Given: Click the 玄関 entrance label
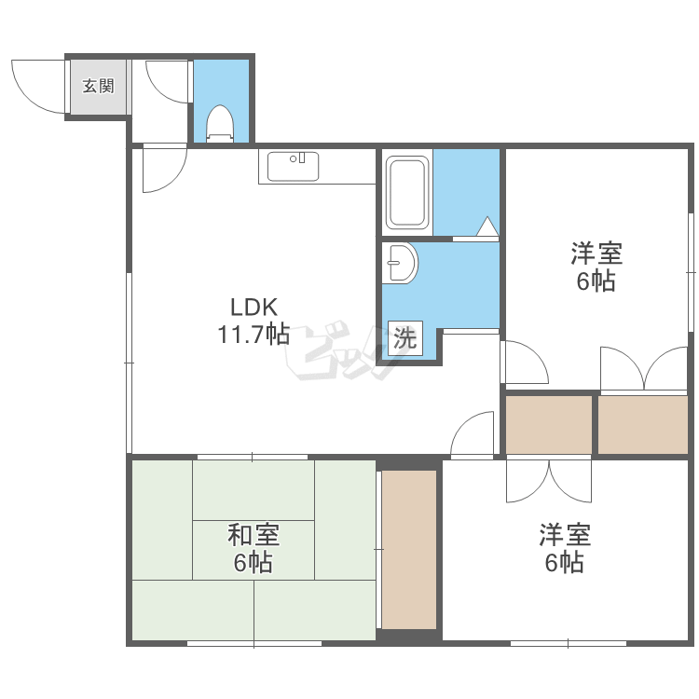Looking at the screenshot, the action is (99, 86).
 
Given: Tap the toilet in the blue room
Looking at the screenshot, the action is (220, 123).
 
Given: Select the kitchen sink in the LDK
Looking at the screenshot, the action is (293, 166).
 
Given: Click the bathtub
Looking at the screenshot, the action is (407, 192).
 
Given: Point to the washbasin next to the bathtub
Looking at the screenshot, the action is (400, 263).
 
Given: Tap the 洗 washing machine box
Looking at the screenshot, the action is (404, 338).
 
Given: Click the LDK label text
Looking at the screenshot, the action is (254, 308).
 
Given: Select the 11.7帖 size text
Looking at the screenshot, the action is (254, 334).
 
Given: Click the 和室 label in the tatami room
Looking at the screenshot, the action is (254, 535).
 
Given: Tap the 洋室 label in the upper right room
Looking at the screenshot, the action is (596, 253).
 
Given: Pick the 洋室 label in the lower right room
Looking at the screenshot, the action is (565, 535).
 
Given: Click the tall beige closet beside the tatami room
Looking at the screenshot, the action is (409, 550).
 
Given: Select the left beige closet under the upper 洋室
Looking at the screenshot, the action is (549, 425).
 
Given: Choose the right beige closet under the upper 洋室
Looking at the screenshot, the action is (643, 425).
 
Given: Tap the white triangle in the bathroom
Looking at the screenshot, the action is (487, 226).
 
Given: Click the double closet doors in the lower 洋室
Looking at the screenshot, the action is (549, 481).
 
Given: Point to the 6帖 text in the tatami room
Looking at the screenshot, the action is (254, 562).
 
